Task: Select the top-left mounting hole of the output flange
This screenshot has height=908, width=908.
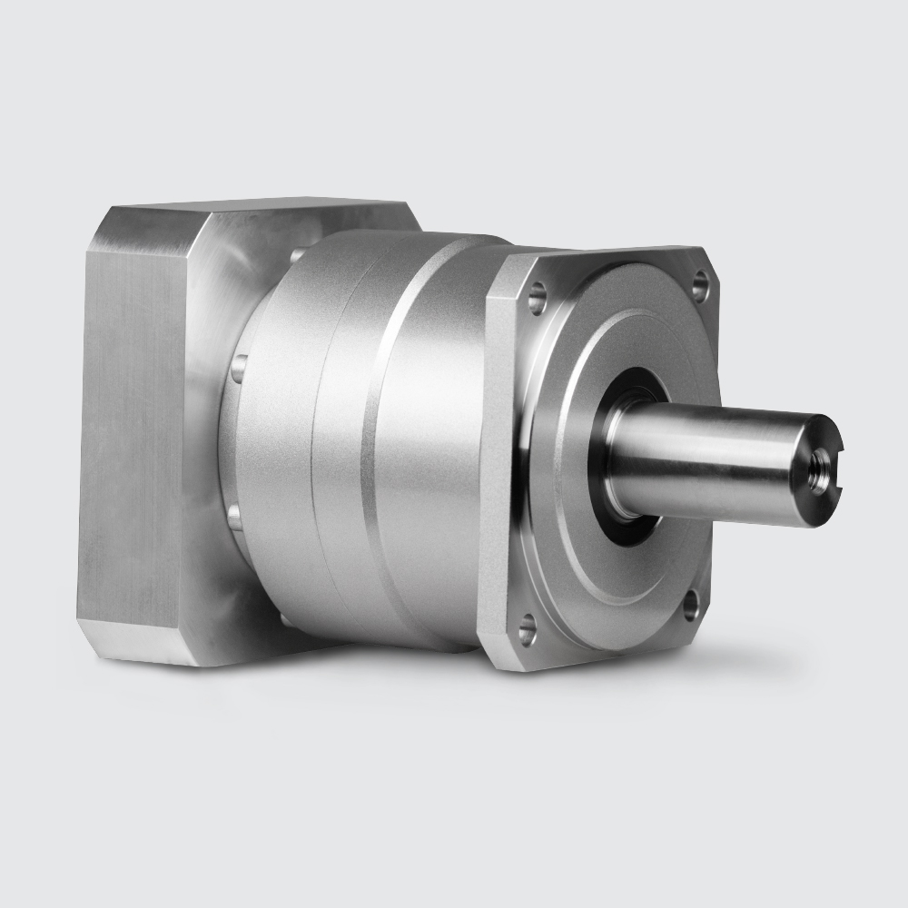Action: pyautogui.click(x=538, y=297)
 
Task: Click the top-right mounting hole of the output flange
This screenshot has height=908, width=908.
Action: pyautogui.click(x=699, y=287)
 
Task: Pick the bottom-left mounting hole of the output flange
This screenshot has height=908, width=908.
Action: pyautogui.click(x=527, y=627)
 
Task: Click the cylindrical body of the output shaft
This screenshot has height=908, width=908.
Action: pyautogui.click(x=708, y=463)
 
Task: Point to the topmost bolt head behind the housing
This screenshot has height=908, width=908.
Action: pyautogui.click(x=298, y=256)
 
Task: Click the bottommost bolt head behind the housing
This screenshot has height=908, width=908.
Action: pyautogui.click(x=283, y=619)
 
